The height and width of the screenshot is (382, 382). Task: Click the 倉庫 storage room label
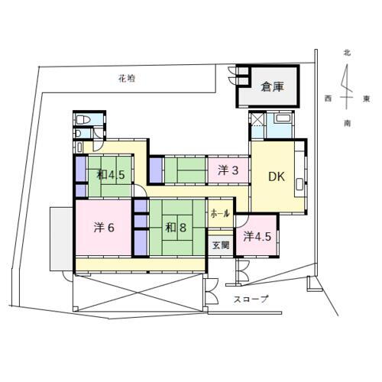coord(272,87)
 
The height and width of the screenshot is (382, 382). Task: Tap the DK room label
coord(276,176)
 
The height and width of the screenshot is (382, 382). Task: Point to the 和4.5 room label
coord(111,175)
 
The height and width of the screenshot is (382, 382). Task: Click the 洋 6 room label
coord(105,227)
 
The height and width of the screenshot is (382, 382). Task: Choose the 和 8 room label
coord(176,226)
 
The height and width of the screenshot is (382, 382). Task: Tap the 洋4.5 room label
coord(257,237)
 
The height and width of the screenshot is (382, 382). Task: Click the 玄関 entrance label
coord(220,245)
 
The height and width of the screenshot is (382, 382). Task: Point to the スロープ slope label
coord(251,299)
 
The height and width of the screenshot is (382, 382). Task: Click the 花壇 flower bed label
coord(128,78)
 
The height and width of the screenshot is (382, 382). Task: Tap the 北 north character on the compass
coord(346,53)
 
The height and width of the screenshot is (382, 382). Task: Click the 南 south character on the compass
coord(348,122)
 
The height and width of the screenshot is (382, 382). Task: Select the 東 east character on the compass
coord(367,99)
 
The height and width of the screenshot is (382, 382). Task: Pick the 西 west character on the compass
coord(327,99)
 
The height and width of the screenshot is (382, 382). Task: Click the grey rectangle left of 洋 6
coord(61,238)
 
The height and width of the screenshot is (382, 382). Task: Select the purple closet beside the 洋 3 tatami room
coord(156,170)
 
